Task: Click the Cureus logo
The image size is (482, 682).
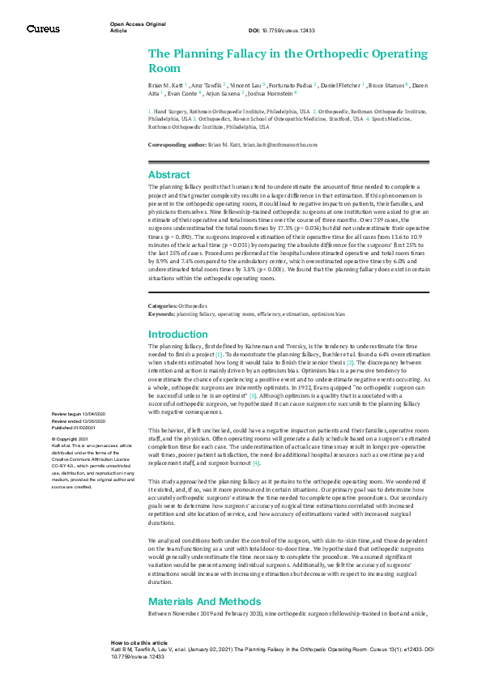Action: click(42, 28)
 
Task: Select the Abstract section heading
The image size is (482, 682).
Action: click(169, 174)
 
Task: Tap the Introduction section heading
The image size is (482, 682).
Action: click(178, 334)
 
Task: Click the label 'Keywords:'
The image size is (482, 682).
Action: click(161, 313)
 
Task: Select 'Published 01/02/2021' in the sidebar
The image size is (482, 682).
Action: click(75, 427)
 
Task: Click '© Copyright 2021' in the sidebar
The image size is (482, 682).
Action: click(68, 438)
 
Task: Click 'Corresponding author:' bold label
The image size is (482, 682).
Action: click(173, 144)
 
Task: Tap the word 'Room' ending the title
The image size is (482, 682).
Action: click(164, 69)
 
